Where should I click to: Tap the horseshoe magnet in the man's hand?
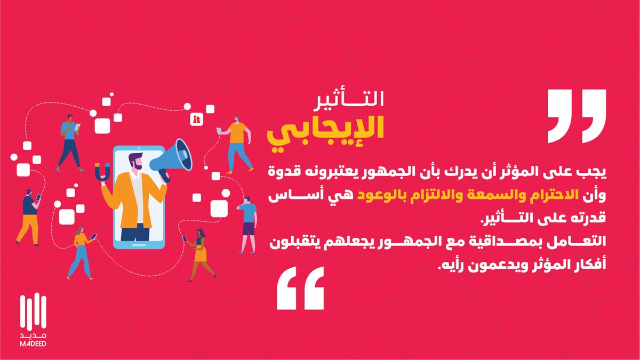click(101, 174)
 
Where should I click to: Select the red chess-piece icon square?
click(197, 119)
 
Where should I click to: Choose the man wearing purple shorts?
click(249, 223)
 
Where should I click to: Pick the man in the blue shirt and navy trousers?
click(69, 141)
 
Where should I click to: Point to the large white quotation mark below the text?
click(300, 288)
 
